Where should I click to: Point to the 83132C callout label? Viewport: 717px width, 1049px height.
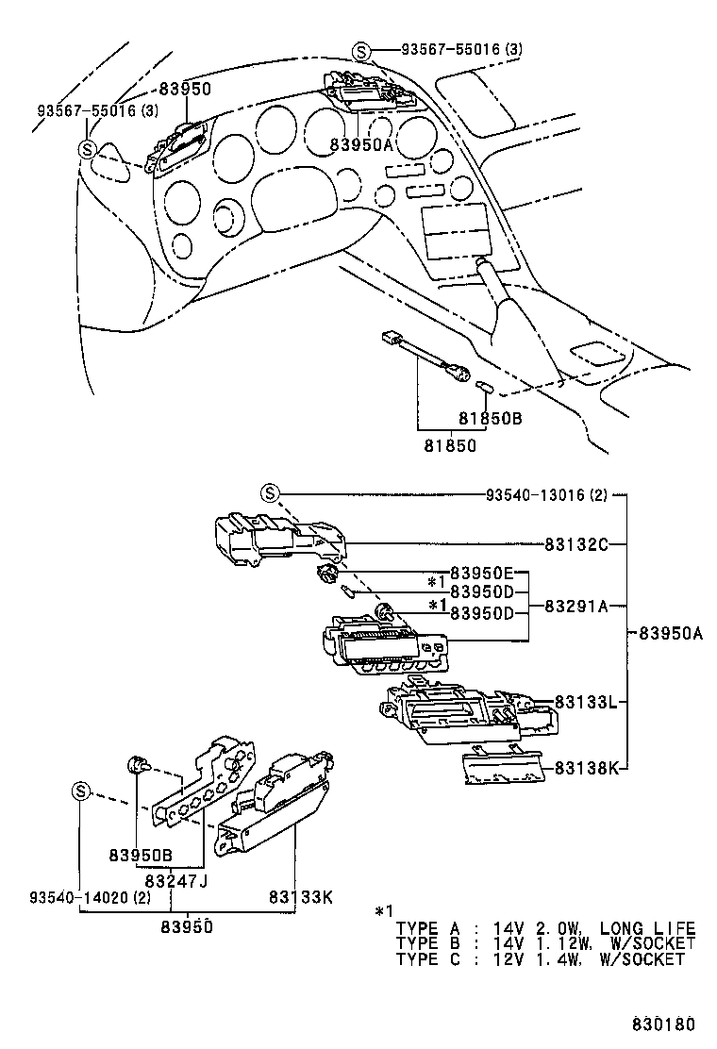pyautogui.click(x=576, y=544)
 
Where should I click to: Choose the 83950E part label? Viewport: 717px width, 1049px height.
pyautogui.click(x=482, y=574)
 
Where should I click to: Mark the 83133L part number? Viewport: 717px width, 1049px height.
pyautogui.click(x=586, y=703)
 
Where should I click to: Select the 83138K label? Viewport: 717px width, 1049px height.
pyautogui.click(x=586, y=769)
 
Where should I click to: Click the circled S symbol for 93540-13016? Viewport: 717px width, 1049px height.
pyautogui.click(x=270, y=493)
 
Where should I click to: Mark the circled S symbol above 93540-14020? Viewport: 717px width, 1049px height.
pyautogui.click(x=80, y=791)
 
